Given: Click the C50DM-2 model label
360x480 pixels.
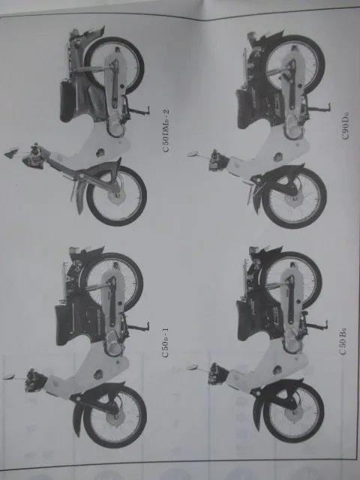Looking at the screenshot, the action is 166,130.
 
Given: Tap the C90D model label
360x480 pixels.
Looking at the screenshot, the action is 345,126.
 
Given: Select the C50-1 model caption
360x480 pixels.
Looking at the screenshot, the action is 165,343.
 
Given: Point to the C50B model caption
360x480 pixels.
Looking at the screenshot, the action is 343,340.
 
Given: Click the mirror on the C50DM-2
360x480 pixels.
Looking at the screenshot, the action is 11,153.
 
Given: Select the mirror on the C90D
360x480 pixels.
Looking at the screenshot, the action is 193,154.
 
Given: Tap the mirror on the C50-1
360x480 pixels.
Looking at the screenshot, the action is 9,376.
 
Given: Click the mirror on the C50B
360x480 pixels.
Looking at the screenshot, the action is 193,367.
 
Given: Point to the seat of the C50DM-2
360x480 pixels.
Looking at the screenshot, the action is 67,100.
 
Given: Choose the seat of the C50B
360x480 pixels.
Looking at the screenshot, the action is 244,320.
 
